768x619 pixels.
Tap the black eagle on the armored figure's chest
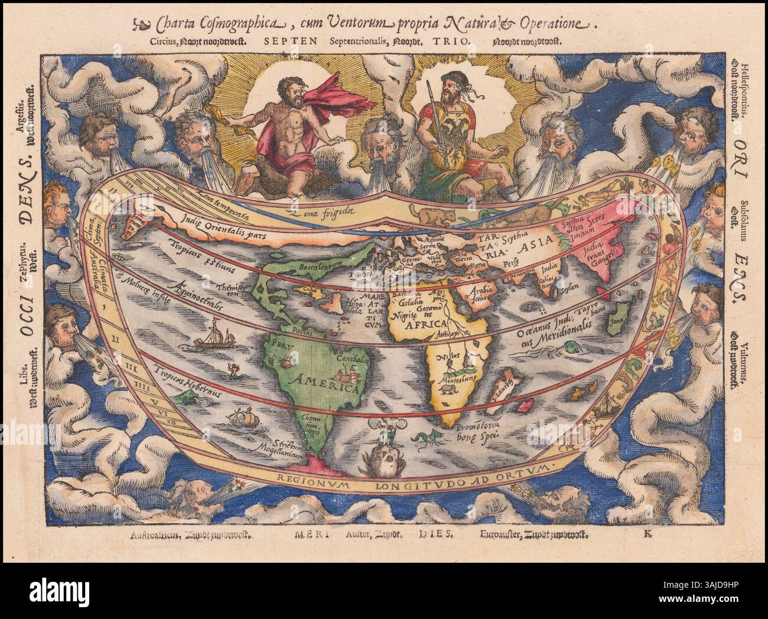[x=448, y=125]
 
